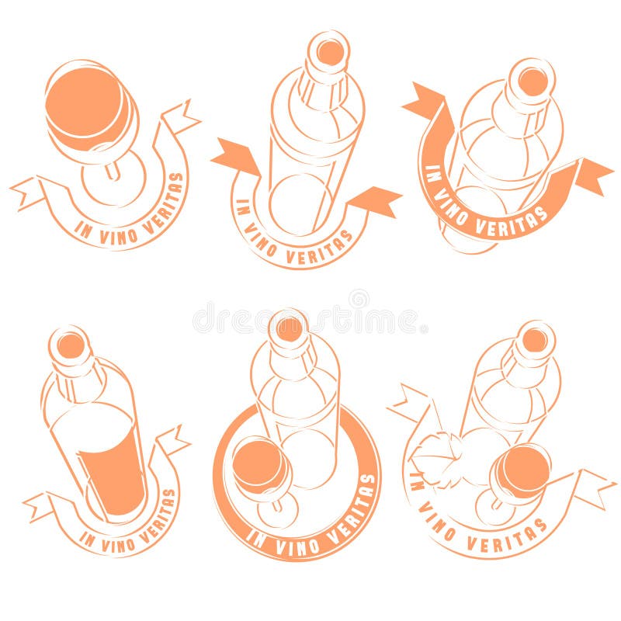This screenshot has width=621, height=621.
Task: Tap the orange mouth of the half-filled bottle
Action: pyautogui.click(x=71, y=345)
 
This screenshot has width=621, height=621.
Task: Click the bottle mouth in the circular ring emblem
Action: pyautogui.click(x=290, y=328)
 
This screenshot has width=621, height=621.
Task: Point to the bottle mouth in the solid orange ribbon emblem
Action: pyautogui.click(x=533, y=81)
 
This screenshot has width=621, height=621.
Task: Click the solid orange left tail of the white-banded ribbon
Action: pyautogui.click(x=234, y=156)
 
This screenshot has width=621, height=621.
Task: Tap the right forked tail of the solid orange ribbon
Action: pyautogui.click(x=594, y=175)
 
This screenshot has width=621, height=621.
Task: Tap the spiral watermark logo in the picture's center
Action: pyautogui.click(x=359, y=299)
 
